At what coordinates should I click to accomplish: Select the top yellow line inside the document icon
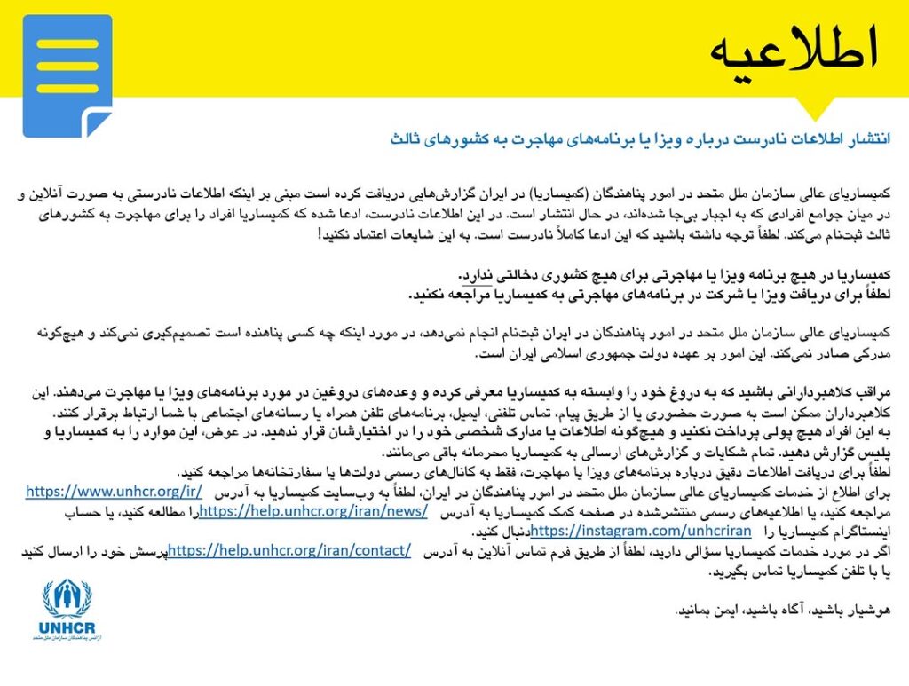pos(67,43)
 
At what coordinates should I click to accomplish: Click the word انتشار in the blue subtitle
pos(870,139)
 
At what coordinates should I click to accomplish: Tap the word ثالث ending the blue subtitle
pos(405,139)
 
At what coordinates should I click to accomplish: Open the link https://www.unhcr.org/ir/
pos(115,491)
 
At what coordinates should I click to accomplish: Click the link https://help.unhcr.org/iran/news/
pos(313,511)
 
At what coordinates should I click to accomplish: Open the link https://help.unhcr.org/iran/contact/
pos(289,551)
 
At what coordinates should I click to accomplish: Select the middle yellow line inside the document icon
pos(67,66)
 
